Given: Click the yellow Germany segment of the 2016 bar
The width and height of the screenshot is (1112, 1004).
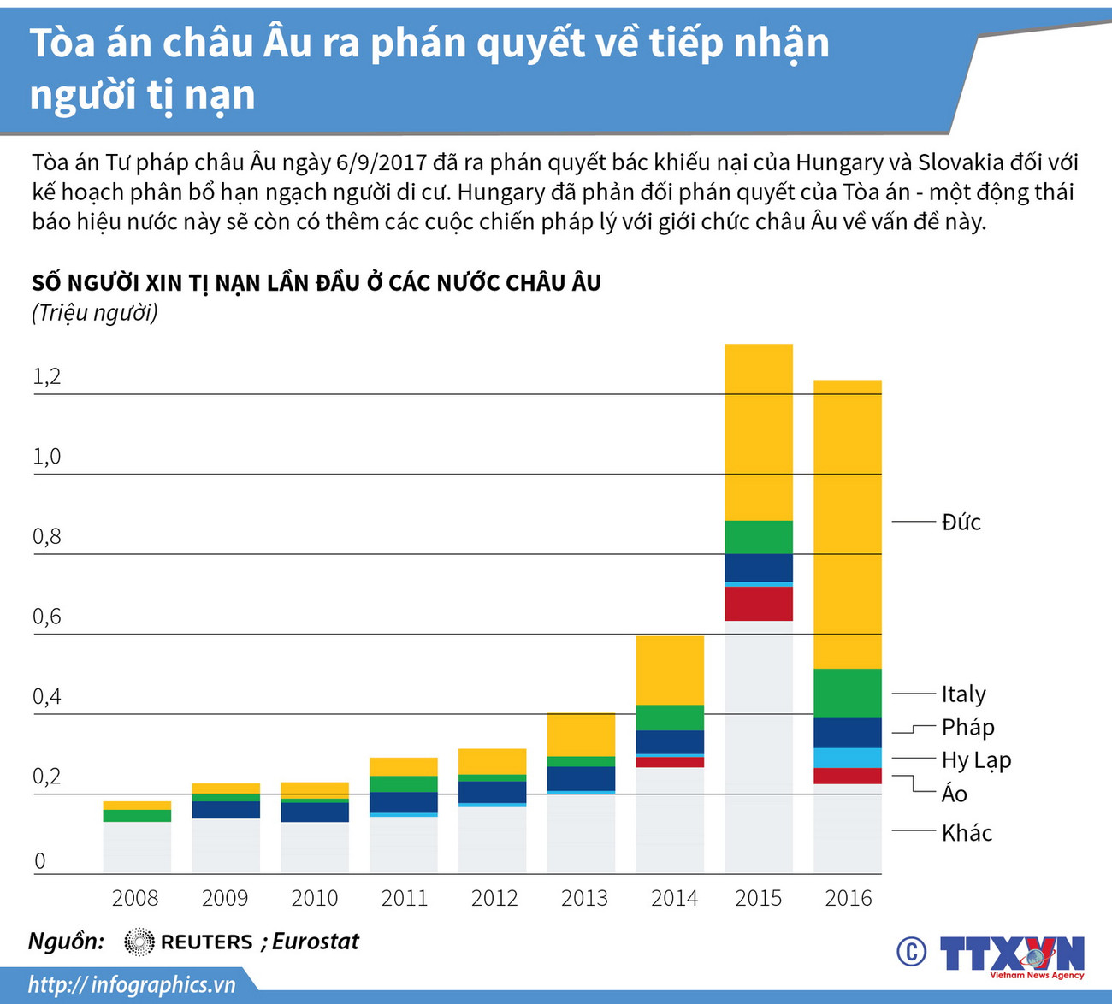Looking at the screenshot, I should pos(847,523).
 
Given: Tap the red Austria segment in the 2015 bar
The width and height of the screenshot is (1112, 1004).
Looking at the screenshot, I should pos(758,603).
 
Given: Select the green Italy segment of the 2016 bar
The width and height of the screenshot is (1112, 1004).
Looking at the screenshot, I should pos(847,693).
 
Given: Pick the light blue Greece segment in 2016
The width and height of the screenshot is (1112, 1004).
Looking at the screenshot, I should pos(847,758).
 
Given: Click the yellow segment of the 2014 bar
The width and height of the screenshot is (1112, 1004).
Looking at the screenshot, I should pos(670,670).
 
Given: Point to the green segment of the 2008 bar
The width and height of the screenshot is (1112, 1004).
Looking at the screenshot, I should pos(137,815).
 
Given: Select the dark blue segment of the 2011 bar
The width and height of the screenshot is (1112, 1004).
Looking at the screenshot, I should pos(403,802).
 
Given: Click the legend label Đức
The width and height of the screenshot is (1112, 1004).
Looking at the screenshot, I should pos(961,523).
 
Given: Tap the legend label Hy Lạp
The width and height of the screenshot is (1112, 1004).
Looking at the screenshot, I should pos(976,760).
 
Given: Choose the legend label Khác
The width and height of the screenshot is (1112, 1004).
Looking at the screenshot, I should pos(967,833).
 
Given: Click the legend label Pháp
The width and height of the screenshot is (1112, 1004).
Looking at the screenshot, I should pos(967,728).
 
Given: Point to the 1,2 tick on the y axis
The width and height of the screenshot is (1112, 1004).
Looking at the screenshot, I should pos(47,377).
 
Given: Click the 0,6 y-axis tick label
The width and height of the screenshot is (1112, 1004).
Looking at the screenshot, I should pos(47,617).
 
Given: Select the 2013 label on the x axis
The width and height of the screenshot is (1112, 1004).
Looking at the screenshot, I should pos(584,898).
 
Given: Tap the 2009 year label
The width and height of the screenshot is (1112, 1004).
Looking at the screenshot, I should pos(225,898).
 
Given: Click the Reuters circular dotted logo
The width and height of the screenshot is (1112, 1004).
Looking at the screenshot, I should pos(139,942).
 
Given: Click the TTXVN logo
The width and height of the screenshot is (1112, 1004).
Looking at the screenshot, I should pos(1011,954).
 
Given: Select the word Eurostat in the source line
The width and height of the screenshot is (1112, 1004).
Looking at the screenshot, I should pos(316,942).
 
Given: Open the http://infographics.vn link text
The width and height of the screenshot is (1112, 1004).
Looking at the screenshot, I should pos(132,984).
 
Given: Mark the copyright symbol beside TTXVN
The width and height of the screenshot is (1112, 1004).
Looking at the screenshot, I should pos(911,952).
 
